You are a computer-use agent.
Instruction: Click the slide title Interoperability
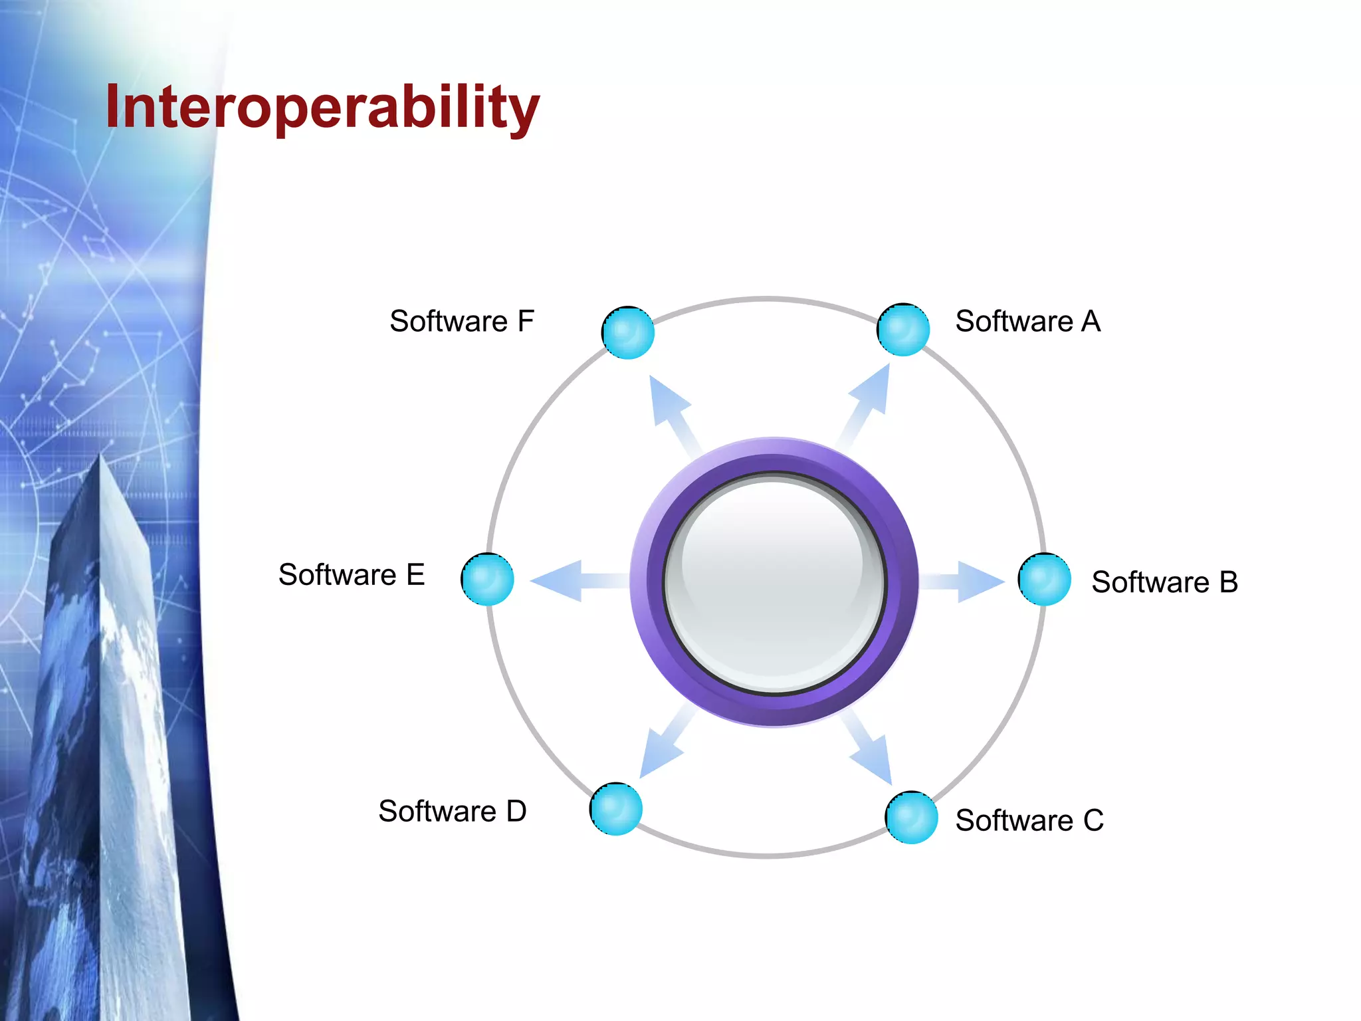[x=322, y=108]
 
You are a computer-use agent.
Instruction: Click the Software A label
[x=1027, y=322]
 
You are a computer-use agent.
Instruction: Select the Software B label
[x=1164, y=582]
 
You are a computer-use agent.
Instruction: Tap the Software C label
[x=1029, y=820]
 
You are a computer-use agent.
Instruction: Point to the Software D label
[x=452, y=811]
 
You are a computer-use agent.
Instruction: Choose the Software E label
[x=351, y=575]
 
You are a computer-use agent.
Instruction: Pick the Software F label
[x=461, y=322]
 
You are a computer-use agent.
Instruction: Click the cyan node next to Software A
[x=903, y=330]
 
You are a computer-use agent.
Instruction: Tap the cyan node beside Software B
[x=1044, y=580]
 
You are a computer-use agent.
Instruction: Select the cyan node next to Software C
[x=911, y=818]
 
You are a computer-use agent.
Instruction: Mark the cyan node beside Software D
[x=616, y=809]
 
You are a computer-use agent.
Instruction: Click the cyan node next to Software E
[x=488, y=579]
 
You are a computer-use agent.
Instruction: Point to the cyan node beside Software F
[x=628, y=332]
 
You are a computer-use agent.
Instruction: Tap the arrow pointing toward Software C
[x=869, y=748]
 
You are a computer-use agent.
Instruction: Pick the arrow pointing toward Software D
[x=665, y=744]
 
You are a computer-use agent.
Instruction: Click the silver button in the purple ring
[x=774, y=582]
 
